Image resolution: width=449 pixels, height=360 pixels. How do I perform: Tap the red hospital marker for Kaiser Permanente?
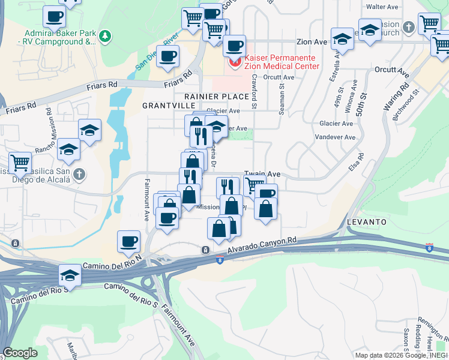pos(233,62)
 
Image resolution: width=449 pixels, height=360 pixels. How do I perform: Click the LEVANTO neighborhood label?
pos(367,222)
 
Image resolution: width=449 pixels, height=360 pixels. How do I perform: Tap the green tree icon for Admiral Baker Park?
pos(105,37)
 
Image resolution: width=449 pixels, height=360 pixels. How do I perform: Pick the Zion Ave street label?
pos(312,42)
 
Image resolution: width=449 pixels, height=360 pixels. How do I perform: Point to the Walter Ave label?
pos(382,7)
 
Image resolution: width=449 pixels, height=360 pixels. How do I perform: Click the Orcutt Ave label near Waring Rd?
pos(391,70)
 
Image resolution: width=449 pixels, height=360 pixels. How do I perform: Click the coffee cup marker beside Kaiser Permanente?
pos(234,45)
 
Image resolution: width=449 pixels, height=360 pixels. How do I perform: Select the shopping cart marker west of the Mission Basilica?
pos(20,161)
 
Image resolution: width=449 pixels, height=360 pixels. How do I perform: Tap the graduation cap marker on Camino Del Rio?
pos(70,275)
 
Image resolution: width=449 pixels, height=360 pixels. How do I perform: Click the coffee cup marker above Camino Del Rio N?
pos(128,241)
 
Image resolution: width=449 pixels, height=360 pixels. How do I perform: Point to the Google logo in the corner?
pos(20,353)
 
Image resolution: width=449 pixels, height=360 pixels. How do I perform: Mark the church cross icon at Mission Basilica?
pos(80,175)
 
